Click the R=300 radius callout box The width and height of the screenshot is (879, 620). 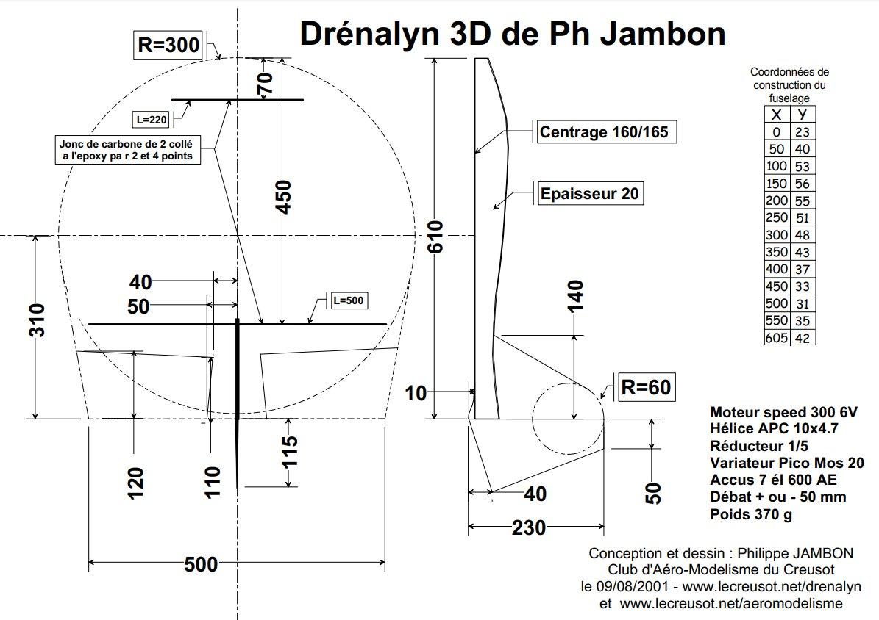pos(168,45)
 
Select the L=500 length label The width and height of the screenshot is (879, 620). pos(349,300)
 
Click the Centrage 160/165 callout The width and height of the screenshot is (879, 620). pos(605,132)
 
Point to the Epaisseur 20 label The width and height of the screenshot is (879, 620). pos(589,194)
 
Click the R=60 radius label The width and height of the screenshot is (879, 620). pos(646,387)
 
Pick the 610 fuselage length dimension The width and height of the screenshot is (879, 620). pos(435,237)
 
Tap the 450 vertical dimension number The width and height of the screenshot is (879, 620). pos(284,197)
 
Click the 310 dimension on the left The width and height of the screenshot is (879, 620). pos(37,320)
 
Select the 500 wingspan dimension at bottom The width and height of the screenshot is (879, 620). pos(201,564)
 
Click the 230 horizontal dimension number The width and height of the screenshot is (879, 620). pos(529,527)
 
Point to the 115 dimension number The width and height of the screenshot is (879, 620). pos(289,452)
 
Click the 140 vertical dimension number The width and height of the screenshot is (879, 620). pos(575,296)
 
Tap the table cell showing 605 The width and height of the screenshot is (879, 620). pos(777,338)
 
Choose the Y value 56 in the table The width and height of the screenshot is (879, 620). pos(803,184)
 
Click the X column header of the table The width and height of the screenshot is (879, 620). pos(777,115)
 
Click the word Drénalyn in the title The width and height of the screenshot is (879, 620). pos(370,34)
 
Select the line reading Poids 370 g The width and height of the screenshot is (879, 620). pos(750,514)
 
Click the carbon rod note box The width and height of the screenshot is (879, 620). pos(127,150)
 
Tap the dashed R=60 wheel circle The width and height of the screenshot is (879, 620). pos(567,419)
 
